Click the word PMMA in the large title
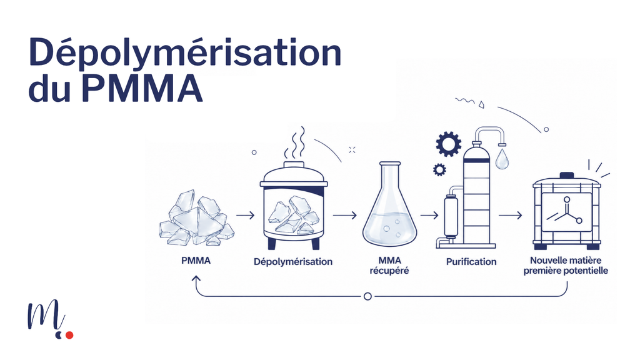click(142, 89)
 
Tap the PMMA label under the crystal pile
click(196, 261)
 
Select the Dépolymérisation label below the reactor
click(293, 262)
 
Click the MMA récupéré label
click(389, 265)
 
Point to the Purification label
click(471, 262)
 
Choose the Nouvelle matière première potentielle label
click(566, 265)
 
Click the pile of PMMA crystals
click(196, 218)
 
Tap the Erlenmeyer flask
click(390, 204)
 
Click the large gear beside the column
click(449, 144)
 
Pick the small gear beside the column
click(439, 169)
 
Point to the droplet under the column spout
click(502, 159)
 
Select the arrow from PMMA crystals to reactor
click(245, 215)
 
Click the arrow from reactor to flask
click(345, 215)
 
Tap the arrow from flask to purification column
click(429, 215)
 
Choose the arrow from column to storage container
click(510, 215)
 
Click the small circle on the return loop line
click(367, 296)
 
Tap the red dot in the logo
click(69, 335)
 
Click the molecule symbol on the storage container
click(565, 211)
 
